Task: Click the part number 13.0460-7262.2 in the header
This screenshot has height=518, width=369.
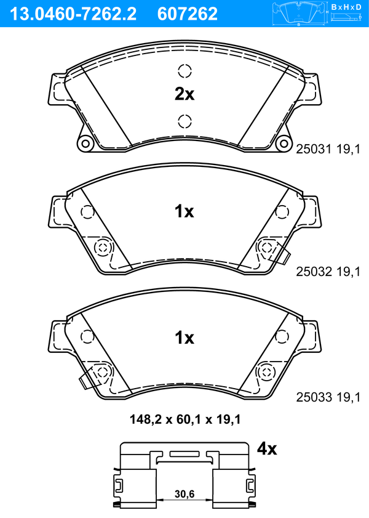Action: (x=73, y=14)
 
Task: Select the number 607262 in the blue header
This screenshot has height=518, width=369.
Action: (x=188, y=14)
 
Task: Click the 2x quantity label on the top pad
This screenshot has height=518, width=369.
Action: (x=184, y=94)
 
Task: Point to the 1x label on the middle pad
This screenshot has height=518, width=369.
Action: (x=184, y=211)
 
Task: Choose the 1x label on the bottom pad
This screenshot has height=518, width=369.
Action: (x=184, y=338)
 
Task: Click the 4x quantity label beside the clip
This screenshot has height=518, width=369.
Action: (x=267, y=448)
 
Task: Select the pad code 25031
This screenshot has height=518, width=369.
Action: (x=314, y=149)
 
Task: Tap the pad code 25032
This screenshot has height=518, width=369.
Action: (x=314, y=272)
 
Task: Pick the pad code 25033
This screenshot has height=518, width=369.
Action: (x=314, y=397)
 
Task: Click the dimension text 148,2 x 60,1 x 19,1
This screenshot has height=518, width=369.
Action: (x=185, y=419)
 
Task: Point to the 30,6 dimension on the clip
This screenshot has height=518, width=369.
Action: (x=184, y=494)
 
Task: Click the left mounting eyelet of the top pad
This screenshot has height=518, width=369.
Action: (x=85, y=144)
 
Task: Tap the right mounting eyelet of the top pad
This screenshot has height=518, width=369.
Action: (x=284, y=144)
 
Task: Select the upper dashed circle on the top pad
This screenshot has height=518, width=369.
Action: (x=184, y=71)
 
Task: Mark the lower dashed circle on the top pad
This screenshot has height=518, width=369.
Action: (x=184, y=121)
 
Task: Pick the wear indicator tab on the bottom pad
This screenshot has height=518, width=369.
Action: (x=89, y=379)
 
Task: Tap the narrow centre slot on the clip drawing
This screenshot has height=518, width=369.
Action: (x=184, y=454)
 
